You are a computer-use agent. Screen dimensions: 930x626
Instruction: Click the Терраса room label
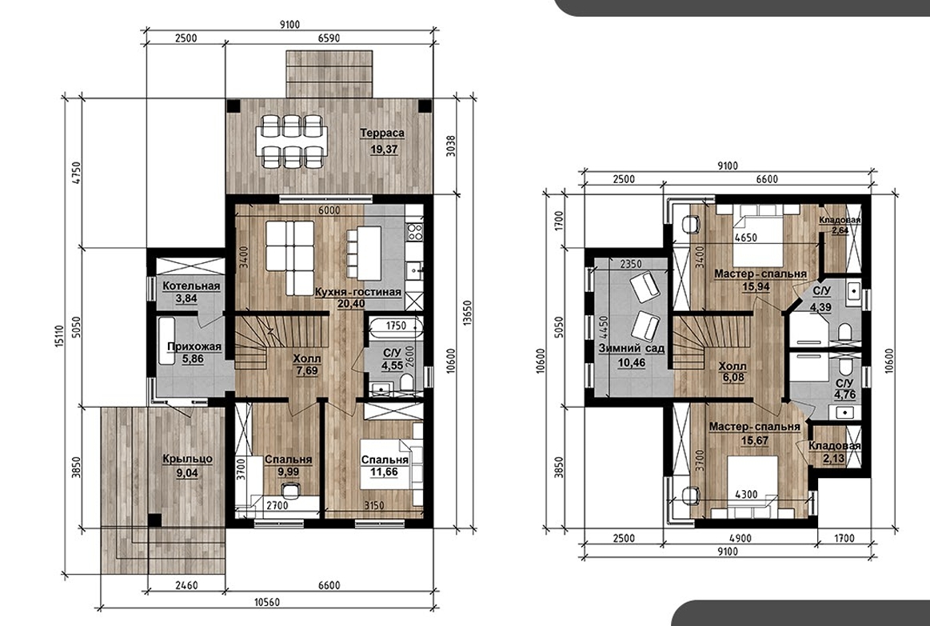click(x=382, y=134)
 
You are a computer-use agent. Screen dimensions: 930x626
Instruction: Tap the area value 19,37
click(x=384, y=150)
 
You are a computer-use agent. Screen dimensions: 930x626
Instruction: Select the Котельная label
click(x=191, y=285)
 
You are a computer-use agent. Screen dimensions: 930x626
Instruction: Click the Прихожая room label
click(x=194, y=347)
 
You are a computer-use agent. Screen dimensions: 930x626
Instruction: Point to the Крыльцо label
click(x=187, y=459)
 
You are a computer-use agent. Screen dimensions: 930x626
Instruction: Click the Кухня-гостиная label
click(x=358, y=292)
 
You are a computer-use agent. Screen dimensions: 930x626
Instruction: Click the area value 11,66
click(x=384, y=472)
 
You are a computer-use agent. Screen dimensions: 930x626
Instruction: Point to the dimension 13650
click(x=467, y=313)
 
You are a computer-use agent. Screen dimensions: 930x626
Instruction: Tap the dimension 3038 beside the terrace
click(x=450, y=146)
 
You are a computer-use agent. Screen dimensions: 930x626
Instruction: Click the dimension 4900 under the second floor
click(x=740, y=538)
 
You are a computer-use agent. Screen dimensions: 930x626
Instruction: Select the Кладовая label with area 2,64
click(x=840, y=220)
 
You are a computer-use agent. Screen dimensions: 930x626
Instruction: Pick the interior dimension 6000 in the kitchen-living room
click(x=329, y=210)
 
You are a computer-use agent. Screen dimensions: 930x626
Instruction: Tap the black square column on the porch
click(x=154, y=520)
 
